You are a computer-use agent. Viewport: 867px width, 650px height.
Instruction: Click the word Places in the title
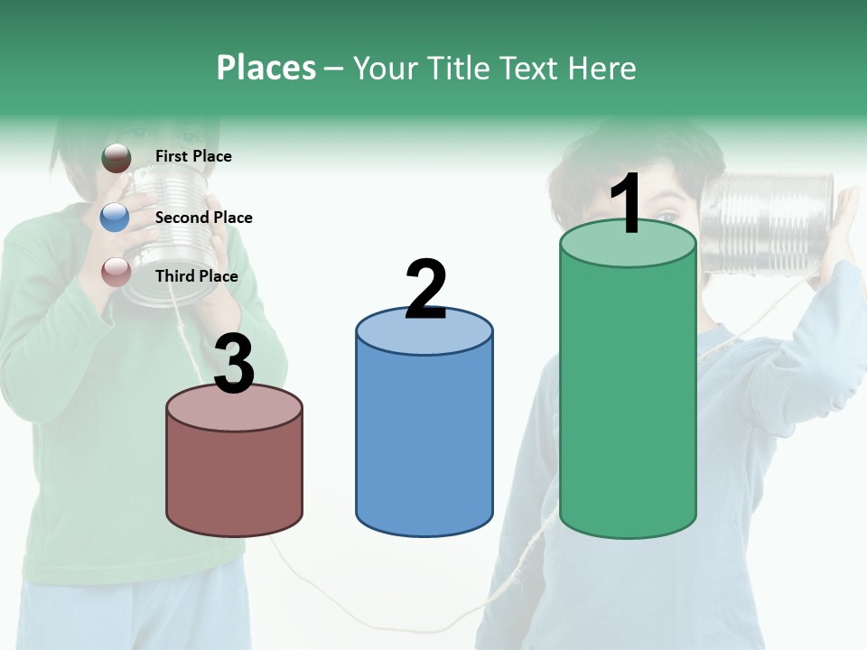pyautogui.click(x=266, y=68)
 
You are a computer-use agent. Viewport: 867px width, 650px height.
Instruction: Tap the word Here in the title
pyautogui.click(x=602, y=68)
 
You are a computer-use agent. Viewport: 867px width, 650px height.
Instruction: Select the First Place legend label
pyautogui.click(x=193, y=156)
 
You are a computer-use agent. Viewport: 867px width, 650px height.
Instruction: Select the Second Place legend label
pyautogui.click(x=203, y=218)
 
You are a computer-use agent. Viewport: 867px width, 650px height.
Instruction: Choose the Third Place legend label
pyautogui.click(x=196, y=276)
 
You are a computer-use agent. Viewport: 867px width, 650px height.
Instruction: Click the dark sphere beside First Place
pyautogui.click(x=116, y=157)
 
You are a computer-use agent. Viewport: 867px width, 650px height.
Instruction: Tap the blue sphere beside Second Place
pyautogui.click(x=115, y=218)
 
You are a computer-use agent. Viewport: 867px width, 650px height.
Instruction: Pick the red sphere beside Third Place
pyautogui.click(x=116, y=272)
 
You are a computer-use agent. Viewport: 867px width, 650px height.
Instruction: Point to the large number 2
pyautogui.click(x=425, y=290)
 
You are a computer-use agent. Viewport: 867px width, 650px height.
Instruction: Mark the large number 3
pyautogui.click(x=234, y=365)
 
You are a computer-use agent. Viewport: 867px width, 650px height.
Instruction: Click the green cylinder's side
pyautogui.click(x=628, y=397)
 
